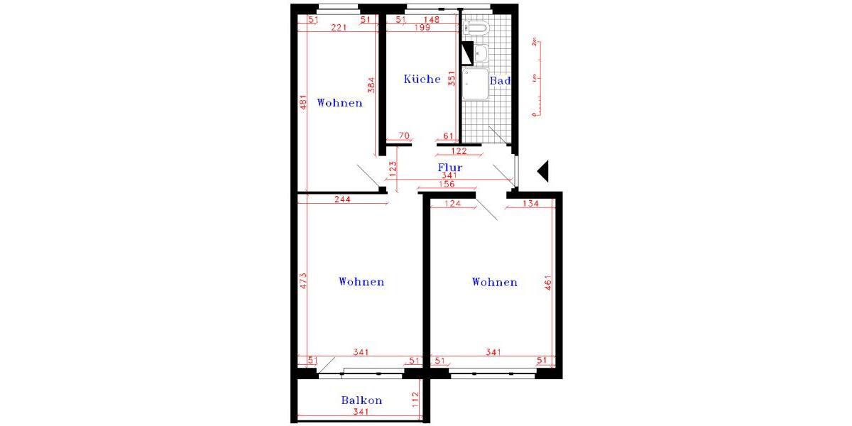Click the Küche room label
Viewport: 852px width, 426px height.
422,79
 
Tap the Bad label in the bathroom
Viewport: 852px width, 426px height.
501,81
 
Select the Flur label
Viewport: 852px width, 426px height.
450,168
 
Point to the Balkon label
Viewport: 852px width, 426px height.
361,400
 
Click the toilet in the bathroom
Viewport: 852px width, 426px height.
476,28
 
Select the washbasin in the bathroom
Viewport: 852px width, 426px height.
480,52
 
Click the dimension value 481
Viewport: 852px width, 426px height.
302,104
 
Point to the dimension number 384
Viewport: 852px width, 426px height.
371,85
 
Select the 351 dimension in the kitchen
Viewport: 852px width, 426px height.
451,78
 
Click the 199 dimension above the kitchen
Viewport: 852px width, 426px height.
422,28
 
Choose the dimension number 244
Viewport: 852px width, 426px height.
342,200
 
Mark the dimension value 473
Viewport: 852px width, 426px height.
302,280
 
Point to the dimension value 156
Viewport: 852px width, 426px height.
447,185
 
